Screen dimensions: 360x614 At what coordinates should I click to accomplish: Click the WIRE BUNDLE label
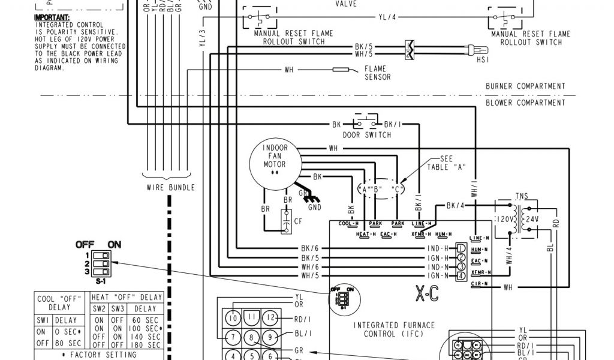(171, 187)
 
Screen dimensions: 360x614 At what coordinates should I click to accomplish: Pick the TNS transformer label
(522, 196)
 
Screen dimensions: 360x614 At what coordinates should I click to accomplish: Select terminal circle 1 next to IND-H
(460, 248)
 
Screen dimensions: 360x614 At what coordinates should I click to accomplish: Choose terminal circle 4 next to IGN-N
(460, 276)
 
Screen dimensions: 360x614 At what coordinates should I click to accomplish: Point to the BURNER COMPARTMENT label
(525, 86)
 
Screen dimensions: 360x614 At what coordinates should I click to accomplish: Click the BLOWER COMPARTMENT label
(525, 103)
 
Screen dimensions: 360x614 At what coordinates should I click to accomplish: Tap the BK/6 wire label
(310, 248)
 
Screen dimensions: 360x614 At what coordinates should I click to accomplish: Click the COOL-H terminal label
(348, 224)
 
